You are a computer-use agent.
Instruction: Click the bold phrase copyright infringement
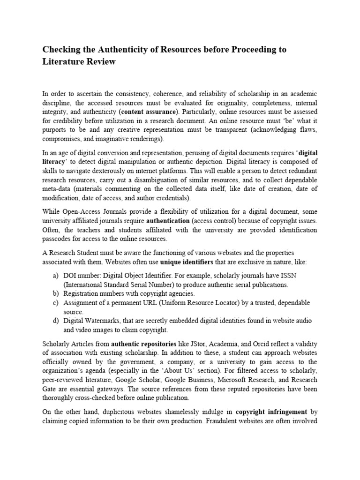point(271,412)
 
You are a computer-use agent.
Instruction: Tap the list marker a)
point(56,276)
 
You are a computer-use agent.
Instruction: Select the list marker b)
point(56,293)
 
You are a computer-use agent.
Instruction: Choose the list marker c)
point(56,303)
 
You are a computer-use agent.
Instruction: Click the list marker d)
point(56,321)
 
